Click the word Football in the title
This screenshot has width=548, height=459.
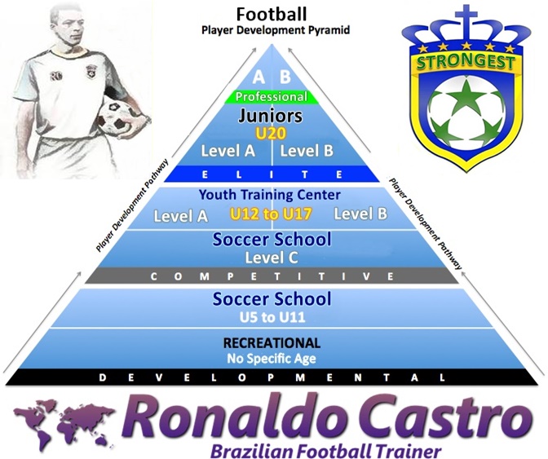tap(271, 14)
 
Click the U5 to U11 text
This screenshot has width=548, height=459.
tap(272, 316)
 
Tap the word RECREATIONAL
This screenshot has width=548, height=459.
tap(272, 342)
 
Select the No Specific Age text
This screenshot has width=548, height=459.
tap(272, 358)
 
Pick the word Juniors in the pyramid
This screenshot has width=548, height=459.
tap(271, 116)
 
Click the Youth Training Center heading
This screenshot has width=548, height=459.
tap(272, 196)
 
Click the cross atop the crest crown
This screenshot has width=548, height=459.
tap(471, 15)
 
